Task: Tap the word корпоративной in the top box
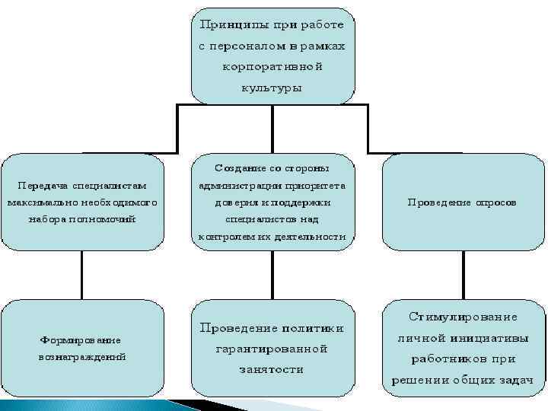click(272, 66)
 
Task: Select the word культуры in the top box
click(272, 88)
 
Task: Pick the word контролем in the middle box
click(225, 237)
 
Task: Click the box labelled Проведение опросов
click(463, 202)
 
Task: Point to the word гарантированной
click(272, 349)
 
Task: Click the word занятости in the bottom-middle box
click(272, 369)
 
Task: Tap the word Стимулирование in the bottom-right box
click(464, 316)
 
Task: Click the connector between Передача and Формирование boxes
click(81, 274)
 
